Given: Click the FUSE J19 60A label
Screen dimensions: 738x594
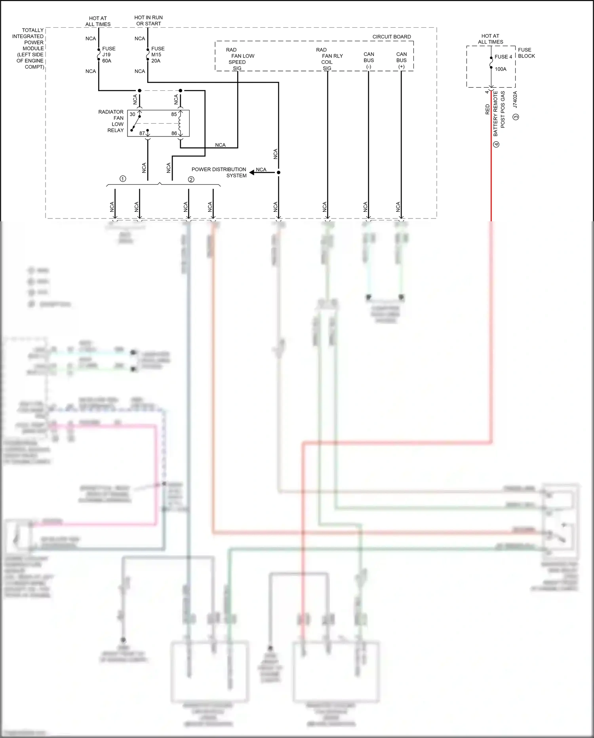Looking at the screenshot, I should (108, 55).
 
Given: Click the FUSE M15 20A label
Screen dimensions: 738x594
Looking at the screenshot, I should (157, 55).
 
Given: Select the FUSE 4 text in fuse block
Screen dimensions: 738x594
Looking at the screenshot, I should (503, 57).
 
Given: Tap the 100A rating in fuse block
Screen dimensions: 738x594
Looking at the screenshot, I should (500, 69).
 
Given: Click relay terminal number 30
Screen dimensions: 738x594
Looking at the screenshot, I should (132, 114).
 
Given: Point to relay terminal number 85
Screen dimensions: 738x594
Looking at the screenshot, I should (174, 114).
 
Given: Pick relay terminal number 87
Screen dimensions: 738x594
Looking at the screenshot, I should (142, 133).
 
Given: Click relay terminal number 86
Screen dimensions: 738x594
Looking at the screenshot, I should (174, 133).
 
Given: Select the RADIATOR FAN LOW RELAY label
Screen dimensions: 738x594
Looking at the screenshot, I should (111, 121).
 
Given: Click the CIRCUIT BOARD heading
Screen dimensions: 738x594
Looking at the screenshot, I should (391, 36).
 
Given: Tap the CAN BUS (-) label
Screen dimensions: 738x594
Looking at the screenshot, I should (369, 60).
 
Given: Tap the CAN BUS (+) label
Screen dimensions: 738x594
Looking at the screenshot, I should (401, 60).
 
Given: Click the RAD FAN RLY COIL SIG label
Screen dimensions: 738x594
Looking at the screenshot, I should (329, 59).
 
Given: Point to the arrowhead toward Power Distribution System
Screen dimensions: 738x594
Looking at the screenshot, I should (252, 173).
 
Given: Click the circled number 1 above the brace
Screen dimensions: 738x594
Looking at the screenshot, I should (123, 179).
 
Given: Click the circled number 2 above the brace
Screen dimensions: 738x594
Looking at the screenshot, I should (191, 180).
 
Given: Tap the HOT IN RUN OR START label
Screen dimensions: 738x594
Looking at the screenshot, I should (148, 21).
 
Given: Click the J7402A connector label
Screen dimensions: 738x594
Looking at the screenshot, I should (515, 100).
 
